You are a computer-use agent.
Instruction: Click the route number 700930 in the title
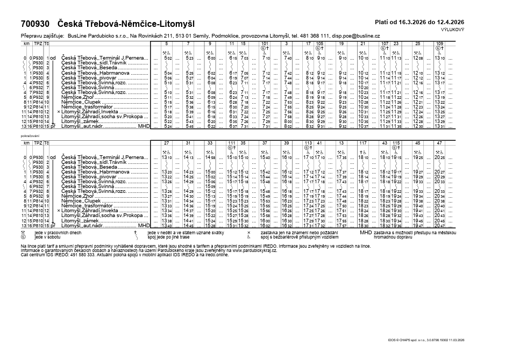[35, 24]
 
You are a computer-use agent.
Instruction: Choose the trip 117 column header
[363, 142]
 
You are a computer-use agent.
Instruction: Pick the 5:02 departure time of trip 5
[168, 57]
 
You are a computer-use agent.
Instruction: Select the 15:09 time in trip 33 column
[210, 186]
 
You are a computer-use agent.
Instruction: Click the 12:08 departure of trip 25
[418, 57]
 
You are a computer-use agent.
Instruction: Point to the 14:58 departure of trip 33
[210, 157]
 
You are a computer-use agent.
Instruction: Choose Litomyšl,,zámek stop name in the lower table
[81, 221]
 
